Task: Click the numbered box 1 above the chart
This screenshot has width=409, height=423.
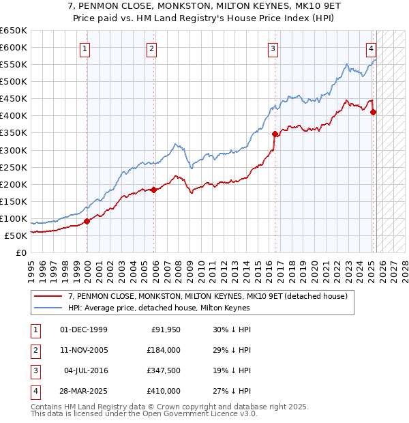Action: click(x=85, y=48)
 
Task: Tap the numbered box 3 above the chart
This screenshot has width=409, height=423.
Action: click(x=273, y=48)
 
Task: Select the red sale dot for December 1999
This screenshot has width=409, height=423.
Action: click(x=87, y=221)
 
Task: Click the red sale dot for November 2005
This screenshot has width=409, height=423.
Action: click(x=154, y=190)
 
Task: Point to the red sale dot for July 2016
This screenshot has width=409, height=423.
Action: click(x=275, y=134)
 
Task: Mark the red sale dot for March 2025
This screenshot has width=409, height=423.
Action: click(x=373, y=113)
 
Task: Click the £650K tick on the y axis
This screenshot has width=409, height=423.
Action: click(x=14, y=31)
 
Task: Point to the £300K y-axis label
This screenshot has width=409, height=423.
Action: click(x=14, y=150)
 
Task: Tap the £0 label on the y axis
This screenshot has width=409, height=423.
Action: click(x=21, y=252)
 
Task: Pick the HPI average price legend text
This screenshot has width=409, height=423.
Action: click(x=159, y=308)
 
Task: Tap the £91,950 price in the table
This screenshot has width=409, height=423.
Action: click(x=165, y=330)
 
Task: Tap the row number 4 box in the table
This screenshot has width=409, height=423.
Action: click(x=35, y=391)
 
